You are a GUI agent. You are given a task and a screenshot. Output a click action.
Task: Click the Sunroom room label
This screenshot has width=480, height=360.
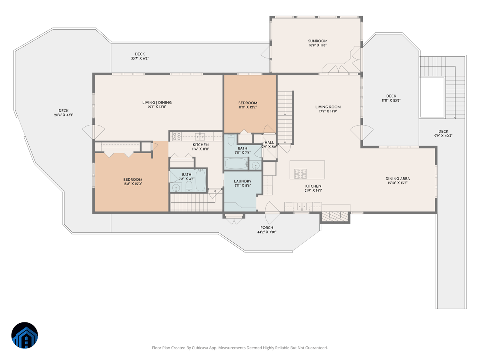point(318,41)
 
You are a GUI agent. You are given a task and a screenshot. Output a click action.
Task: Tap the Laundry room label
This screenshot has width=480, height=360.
point(242,181)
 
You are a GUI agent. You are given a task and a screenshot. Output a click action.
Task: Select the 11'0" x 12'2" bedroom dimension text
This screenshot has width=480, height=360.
point(248,107)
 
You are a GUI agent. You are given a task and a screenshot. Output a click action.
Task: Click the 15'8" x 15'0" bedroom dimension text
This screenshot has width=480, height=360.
point(133,184)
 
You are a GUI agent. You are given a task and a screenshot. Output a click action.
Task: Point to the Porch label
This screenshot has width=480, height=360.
point(267,228)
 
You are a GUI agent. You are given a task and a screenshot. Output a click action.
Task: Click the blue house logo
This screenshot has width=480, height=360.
point(25,335)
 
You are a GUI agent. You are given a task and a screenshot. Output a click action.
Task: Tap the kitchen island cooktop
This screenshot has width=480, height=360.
point(300,174)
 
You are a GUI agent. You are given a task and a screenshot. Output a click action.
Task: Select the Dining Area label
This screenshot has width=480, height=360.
point(397,179)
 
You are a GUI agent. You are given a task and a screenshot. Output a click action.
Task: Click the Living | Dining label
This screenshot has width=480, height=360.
point(157,103)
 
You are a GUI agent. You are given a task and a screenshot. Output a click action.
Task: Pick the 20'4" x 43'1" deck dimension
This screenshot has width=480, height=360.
point(64,115)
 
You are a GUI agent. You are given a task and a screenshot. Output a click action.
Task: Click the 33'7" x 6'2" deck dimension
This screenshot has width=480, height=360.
point(140,58)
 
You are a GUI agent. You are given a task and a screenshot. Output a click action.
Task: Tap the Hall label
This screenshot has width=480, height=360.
point(269,142)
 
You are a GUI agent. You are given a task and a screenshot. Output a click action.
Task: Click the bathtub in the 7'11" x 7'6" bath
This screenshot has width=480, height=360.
point(236,164)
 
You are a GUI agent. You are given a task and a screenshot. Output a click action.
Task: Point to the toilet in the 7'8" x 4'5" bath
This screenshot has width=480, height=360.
point(189,188)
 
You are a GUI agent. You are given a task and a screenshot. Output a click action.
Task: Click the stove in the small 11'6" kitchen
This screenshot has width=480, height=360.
point(176,136)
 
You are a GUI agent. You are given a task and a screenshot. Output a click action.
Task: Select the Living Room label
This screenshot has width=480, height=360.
point(328,107)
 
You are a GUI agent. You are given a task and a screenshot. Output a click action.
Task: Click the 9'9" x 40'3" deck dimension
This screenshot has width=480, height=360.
point(443,136)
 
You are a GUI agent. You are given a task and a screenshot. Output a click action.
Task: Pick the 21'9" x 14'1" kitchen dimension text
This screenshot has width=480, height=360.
point(313,190)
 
